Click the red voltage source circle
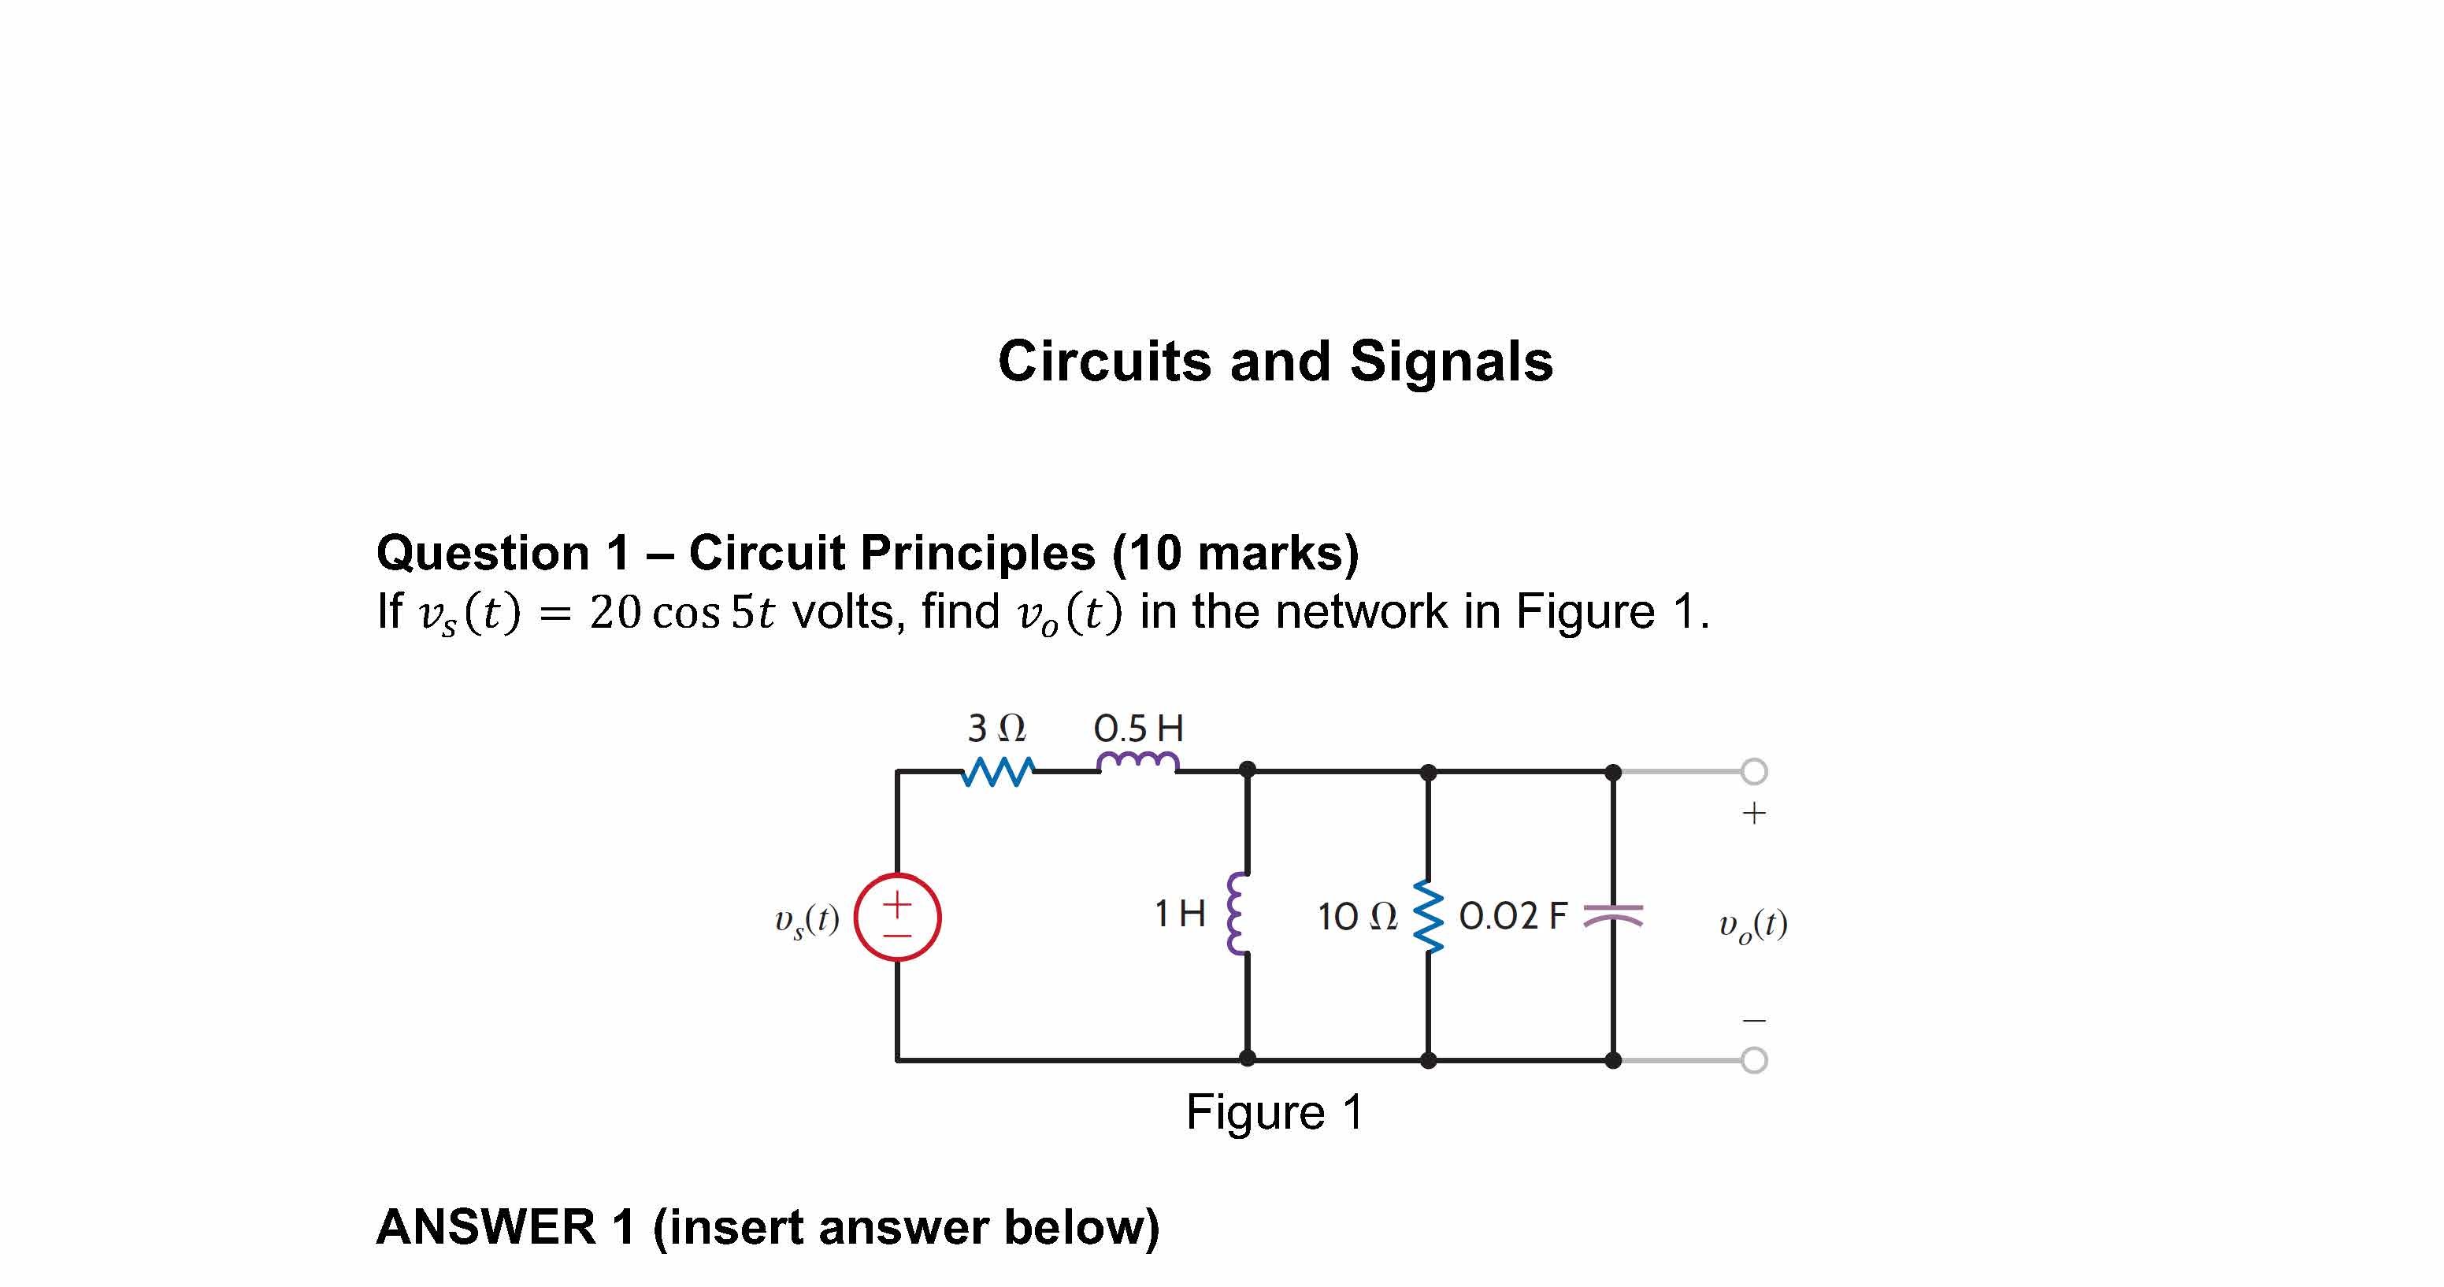896,917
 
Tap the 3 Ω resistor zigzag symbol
997,772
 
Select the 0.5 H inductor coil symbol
1137,762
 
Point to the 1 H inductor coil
1235,914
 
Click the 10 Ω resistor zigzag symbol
1428,916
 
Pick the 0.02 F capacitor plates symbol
1613,916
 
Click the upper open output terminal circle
1754,772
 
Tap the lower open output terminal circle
1754,1060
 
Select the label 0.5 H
1138,729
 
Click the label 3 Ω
996,729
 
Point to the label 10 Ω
1357,917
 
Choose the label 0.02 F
1512,916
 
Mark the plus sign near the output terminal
1754,814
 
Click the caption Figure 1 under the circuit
1274,1112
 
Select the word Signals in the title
1451,362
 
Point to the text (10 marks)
1234,554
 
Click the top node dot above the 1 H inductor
1248,770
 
